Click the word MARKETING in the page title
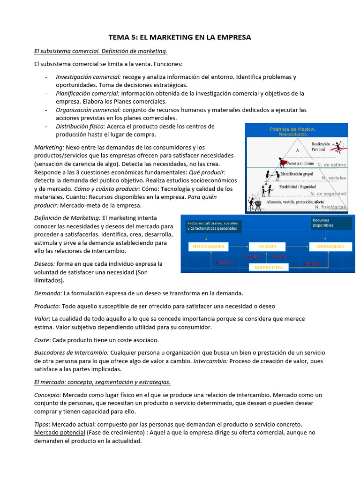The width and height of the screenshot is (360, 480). (165, 37)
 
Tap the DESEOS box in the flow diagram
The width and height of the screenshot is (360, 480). (267, 246)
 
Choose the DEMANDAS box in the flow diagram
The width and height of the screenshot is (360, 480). (330, 246)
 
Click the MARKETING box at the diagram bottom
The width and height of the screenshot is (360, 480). (268, 267)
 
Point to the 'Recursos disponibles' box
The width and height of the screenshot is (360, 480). (330, 223)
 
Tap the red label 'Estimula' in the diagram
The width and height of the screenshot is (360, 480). (313, 263)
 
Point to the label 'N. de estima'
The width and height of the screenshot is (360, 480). (332, 165)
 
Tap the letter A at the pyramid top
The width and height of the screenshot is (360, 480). (297, 150)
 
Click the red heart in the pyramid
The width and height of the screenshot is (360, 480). (283, 163)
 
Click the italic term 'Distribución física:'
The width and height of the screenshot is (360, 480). (81, 126)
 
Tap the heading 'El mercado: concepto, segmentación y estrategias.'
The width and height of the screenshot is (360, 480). (102, 382)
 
